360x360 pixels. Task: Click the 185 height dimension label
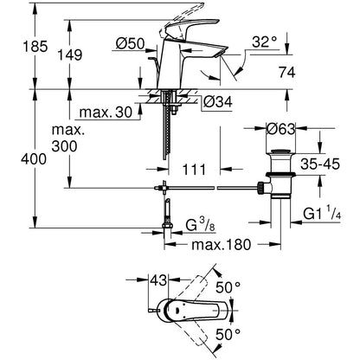point(35,47)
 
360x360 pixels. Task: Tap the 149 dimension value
point(70,55)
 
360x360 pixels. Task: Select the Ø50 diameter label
point(130,44)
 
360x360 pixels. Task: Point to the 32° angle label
point(265,42)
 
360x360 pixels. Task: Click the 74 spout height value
point(287,72)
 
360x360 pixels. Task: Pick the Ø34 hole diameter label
point(218,101)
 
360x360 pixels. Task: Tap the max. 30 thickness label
point(106,112)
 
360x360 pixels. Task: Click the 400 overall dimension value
point(34,159)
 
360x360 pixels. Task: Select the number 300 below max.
point(64,146)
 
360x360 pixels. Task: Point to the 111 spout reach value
point(194,170)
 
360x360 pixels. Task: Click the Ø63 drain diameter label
point(281,129)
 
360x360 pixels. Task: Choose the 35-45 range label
point(320,164)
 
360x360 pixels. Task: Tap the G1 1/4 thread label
point(322,214)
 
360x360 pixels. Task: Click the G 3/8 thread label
point(200,225)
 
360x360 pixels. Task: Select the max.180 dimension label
point(222,245)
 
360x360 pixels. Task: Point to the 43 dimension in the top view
point(158,280)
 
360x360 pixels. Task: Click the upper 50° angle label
point(228,287)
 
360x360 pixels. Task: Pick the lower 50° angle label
point(228,335)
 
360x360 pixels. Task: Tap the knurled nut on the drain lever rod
point(260,188)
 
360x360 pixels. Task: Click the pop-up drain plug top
point(280,151)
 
